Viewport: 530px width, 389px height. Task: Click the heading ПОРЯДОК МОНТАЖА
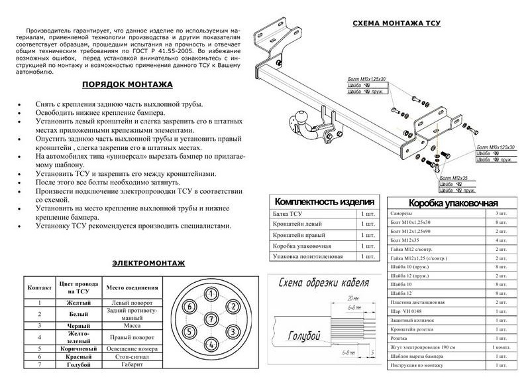128,85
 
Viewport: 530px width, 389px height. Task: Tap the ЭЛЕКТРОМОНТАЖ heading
149,263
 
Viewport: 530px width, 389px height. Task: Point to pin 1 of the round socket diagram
209,293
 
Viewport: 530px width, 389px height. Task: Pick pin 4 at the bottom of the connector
209,343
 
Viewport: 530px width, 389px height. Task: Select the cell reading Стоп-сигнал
131,356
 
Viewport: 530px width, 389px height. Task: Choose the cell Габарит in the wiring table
131,365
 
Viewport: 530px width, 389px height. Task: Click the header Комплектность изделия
325,201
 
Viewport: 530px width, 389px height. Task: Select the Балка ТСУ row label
288,214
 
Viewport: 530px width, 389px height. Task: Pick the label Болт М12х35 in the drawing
452,179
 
